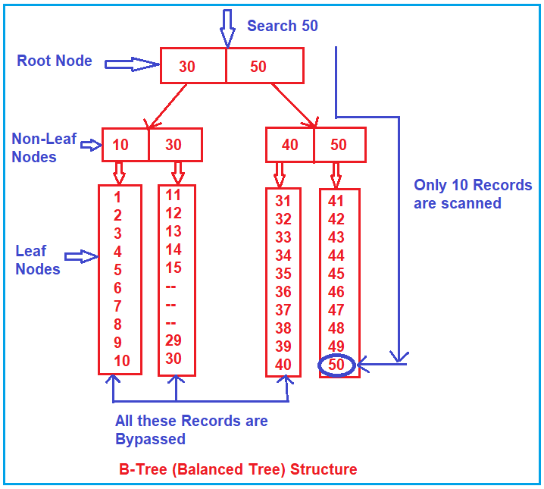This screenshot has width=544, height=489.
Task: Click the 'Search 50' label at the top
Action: tap(282, 26)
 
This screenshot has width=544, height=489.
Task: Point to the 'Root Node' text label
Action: tap(55, 61)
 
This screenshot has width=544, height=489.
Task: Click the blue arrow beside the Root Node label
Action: tap(131, 65)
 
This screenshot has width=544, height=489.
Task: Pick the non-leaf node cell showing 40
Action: tap(289, 145)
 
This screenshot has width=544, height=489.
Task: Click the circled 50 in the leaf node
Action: tap(336, 365)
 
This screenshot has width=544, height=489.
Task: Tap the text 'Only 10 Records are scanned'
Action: tap(473, 194)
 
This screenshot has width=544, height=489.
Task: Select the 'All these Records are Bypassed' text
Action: tap(191, 429)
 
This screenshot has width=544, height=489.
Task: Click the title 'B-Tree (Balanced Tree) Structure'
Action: tap(238, 469)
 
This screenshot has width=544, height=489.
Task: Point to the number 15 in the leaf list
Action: tap(174, 268)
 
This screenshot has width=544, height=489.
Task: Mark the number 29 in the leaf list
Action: tap(174, 340)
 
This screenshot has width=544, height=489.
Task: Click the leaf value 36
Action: tap(283, 292)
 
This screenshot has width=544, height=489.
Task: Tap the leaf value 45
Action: tap(336, 274)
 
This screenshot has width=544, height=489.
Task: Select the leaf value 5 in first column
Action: tap(117, 269)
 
